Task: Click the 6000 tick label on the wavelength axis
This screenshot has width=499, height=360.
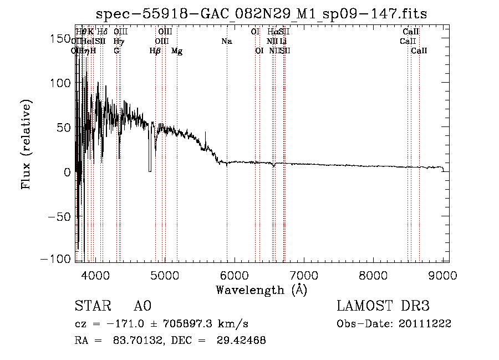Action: tap(234, 275)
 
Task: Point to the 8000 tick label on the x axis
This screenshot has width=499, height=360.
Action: tap(373, 275)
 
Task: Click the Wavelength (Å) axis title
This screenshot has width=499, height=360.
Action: tap(261, 290)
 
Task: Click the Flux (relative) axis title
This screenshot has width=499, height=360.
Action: tap(27, 145)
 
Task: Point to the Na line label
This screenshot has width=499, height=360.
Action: tap(226, 41)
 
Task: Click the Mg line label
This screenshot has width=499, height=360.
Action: tap(177, 51)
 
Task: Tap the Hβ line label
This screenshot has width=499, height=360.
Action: tap(155, 51)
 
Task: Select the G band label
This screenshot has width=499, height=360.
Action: tap(116, 51)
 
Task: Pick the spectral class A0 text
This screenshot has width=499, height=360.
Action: tap(142, 306)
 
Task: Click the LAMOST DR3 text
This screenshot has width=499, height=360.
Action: tap(383, 306)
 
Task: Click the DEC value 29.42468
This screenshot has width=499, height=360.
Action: tap(243, 341)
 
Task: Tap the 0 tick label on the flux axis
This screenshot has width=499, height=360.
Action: tap(67, 171)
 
